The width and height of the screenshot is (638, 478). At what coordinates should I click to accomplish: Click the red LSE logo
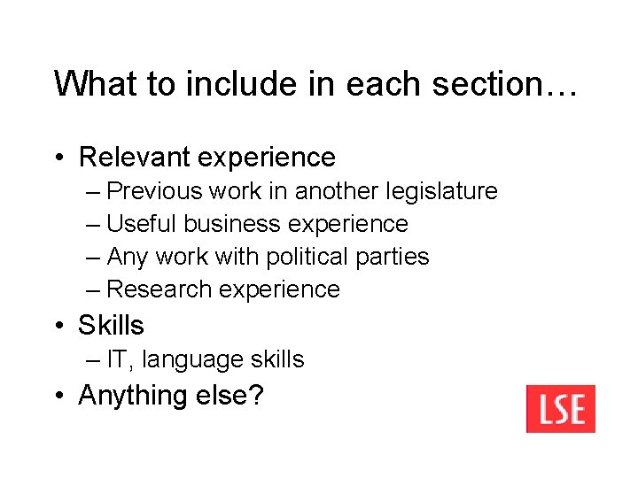pos(560,409)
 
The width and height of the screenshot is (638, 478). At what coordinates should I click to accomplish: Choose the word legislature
pos(443,191)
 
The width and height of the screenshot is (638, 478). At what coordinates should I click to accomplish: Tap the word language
pos(191,360)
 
